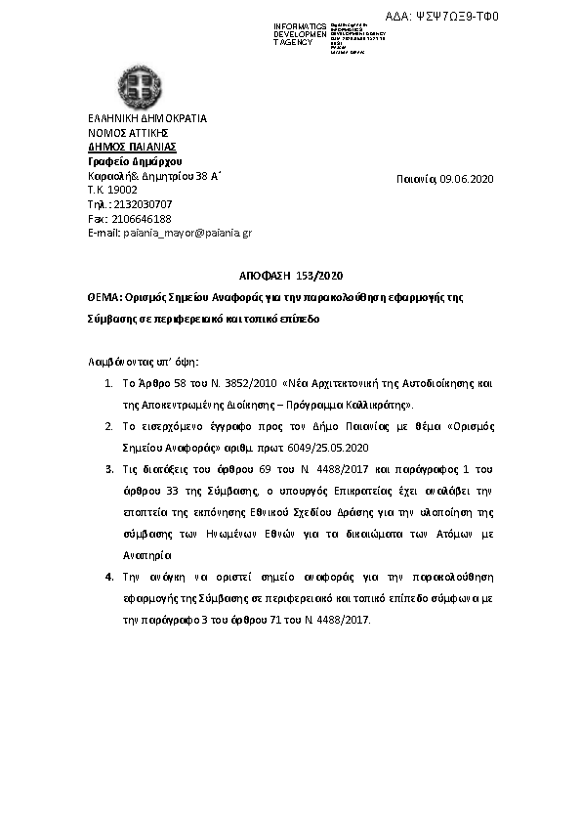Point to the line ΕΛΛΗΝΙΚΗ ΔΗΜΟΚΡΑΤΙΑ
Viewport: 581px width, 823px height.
point(147,118)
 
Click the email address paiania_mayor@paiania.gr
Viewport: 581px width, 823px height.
point(186,233)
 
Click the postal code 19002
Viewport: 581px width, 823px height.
point(120,190)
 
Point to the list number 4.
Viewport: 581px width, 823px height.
point(109,578)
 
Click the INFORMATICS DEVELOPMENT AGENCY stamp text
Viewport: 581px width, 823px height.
point(300,33)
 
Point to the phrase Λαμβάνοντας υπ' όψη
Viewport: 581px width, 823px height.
point(143,362)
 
